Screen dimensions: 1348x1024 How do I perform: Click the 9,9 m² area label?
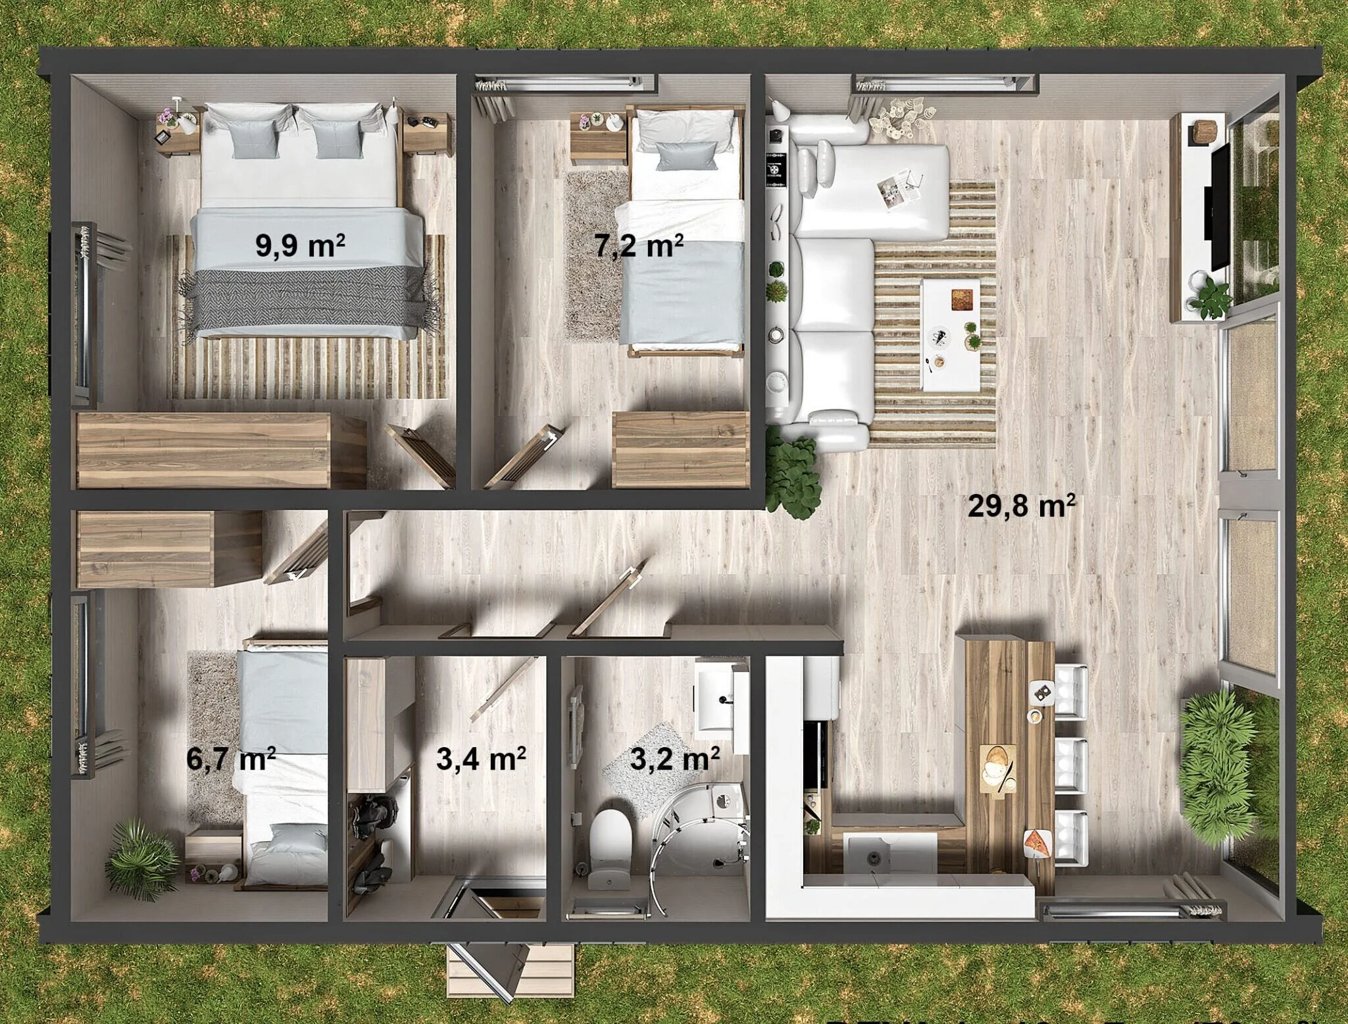301,245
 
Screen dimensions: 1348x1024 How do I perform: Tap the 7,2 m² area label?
639,246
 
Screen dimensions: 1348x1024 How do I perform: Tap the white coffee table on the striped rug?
950,335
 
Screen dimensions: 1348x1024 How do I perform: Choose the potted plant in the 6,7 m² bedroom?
142,854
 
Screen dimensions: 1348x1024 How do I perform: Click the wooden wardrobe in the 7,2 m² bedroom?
682,450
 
